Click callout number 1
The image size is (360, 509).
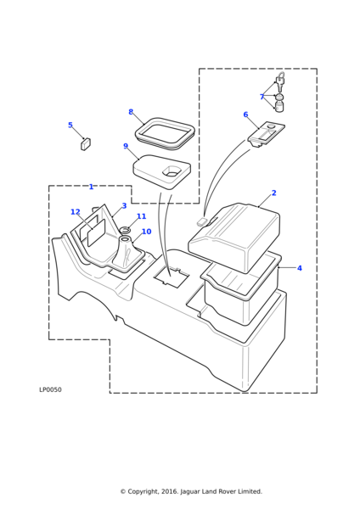click(92, 187)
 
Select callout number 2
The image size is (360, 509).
click(274, 193)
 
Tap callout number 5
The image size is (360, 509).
click(70, 125)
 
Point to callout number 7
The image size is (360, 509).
click(262, 97)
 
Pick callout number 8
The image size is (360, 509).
click(131, 112)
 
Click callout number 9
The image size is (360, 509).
click(126, 146)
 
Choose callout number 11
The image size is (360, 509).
click(141, 216)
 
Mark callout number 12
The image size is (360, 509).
click(76, 212)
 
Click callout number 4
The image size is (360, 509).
click(300, 268)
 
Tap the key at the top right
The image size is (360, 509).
click(280, 81)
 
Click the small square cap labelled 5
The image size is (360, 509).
click(86, 144)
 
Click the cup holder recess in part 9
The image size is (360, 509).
click(172, 171)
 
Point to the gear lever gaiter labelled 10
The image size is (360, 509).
click(127, 252)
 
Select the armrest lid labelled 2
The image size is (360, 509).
click(234, 237)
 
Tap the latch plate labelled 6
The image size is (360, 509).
click(267, 134)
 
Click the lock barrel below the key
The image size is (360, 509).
click(279, 106)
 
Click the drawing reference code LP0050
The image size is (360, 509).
click(50, 389)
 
